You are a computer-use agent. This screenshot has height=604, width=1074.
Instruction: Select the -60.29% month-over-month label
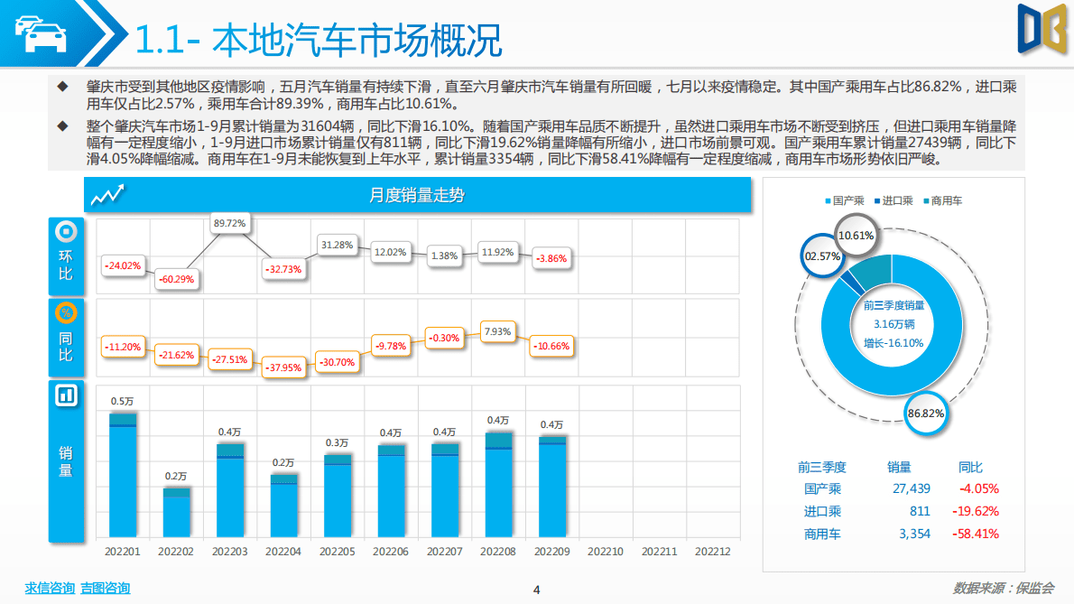tap(176, 279)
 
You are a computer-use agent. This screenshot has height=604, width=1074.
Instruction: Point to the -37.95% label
tap(283, 367)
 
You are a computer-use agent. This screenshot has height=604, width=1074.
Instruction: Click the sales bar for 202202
tap(176, 514)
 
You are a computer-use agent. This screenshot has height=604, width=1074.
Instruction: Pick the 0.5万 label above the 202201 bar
tap(123, 401)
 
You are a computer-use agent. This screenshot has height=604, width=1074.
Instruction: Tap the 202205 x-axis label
tap(338, 551)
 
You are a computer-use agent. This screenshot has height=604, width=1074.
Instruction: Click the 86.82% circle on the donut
tap(925, 414)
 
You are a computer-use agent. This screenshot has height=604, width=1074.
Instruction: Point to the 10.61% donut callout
tap(854, 236)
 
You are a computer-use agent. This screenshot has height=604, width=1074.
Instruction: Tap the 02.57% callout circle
tap(822, 256)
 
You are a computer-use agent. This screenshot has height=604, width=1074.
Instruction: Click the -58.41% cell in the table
tap(976, 534)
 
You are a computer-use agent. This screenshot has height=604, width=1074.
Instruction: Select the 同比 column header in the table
tap(970, 467)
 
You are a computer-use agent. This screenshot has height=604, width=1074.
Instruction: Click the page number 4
tap(537, 590)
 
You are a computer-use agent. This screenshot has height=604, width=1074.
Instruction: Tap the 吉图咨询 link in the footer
tap(105, 588)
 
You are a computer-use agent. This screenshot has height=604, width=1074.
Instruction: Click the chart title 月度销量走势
tap(417, 195)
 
